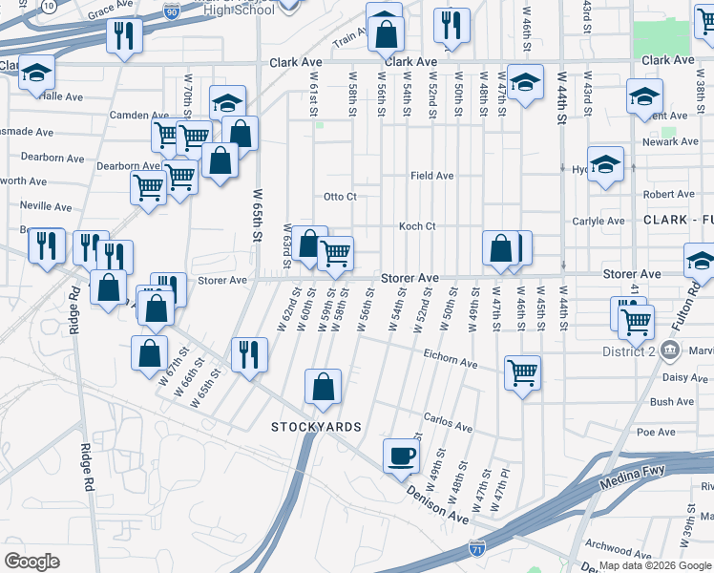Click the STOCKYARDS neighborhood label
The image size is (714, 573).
click(316, 426)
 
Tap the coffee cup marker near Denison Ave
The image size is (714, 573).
click(401, 456)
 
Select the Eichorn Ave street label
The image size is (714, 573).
click(451, 363)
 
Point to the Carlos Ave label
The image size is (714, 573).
click(448, 421)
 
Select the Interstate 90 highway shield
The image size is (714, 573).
click(169, 11)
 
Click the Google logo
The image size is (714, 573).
click(31, 562)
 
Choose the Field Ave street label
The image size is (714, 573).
click(431, 176)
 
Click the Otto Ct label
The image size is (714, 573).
click(340, 197)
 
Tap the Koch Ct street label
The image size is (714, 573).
click(417, 226)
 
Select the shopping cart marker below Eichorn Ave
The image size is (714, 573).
click(522, 372)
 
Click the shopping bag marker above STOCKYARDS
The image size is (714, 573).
click(324, 387)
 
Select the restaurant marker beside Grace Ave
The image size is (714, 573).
click(123, 36)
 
